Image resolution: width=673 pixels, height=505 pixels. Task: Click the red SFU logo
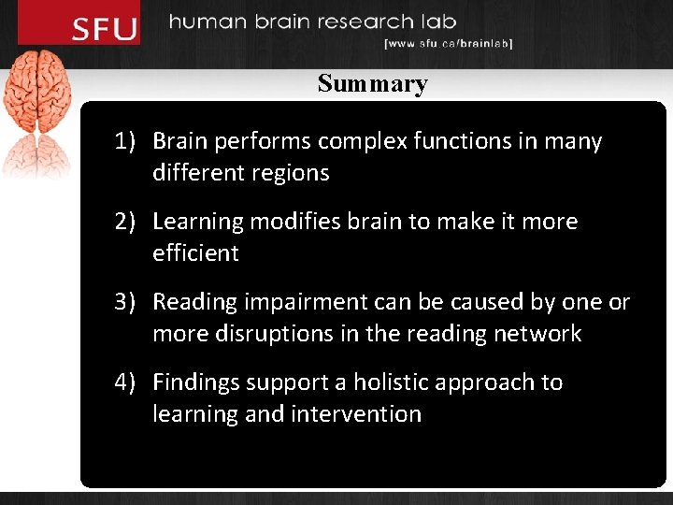[x=104, y=28]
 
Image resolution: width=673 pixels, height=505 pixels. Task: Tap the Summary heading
[x=372, y=83]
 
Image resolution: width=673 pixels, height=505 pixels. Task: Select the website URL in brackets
[x=448, y=43]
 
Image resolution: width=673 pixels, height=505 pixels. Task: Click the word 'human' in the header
[x=209, y=22]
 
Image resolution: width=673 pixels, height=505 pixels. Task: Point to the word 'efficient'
[x=195, y=253]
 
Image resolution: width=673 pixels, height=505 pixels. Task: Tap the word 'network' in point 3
[x=539, y=334]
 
